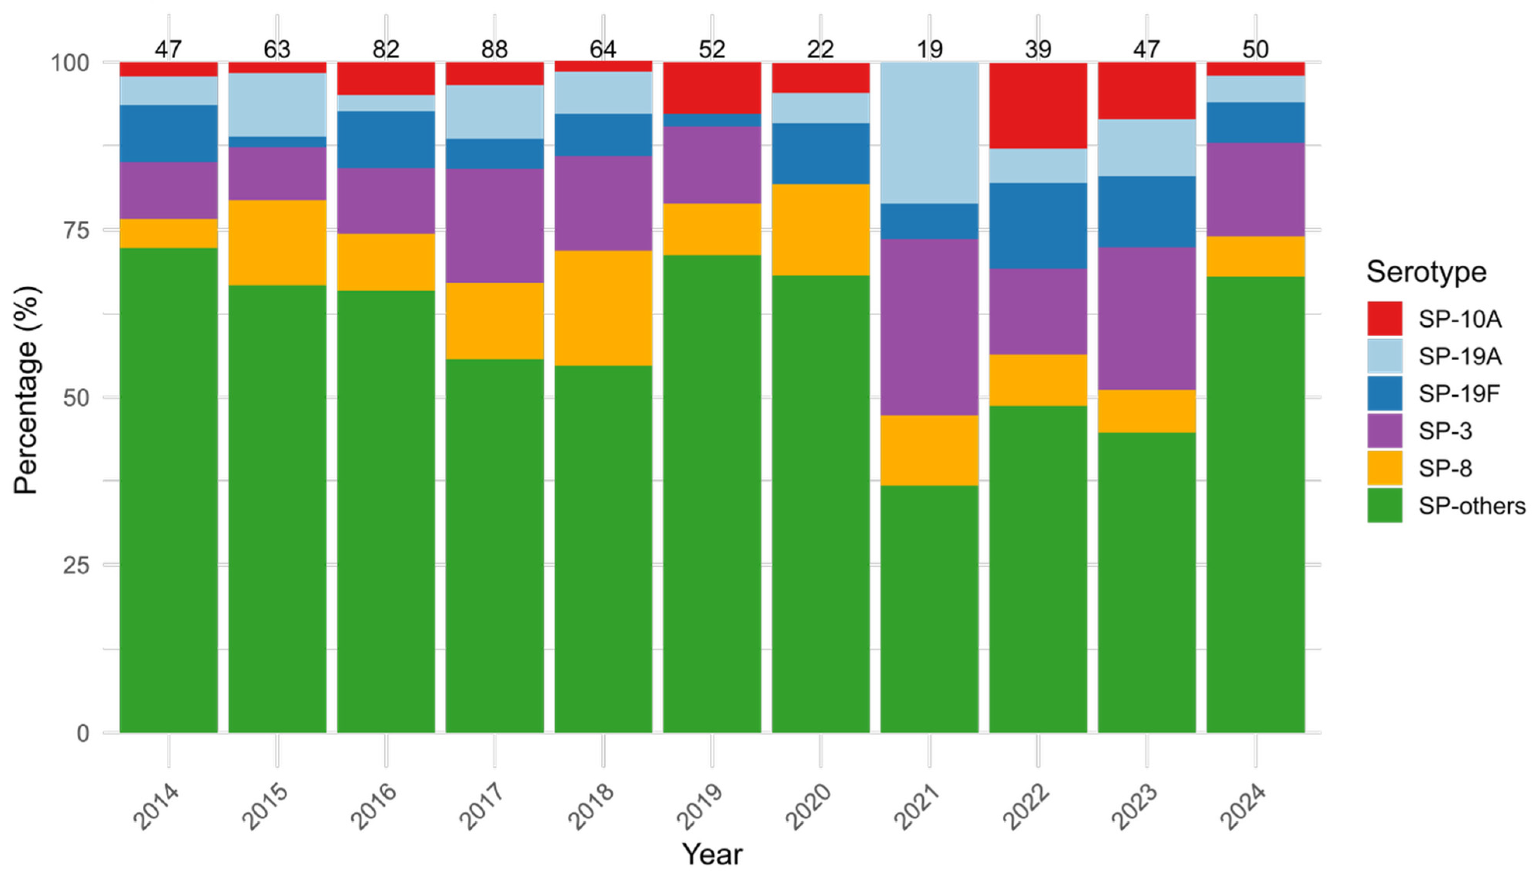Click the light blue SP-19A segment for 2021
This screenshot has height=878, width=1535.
pyautogui.click(x=929, y=133)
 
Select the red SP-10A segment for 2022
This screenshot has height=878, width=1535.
pyautogui.click(x=1037, y=105)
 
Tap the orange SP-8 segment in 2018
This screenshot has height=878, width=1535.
pyautogui.click(x=603, y=308)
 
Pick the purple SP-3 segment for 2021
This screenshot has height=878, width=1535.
pyautogui.click(x=929, y=327)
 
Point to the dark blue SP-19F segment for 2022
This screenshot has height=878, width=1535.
pyautogui.click(x=1037, y=226)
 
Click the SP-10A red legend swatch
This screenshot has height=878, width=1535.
pyautogui.click(x=1384, y=318)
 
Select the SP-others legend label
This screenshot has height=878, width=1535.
pyautogui.click(x=1471, y=505)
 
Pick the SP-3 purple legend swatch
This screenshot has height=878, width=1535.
pyautogui.click(x=1384, y=430)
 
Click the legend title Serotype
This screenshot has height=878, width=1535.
pyautogui.click(x=1426, y=272)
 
